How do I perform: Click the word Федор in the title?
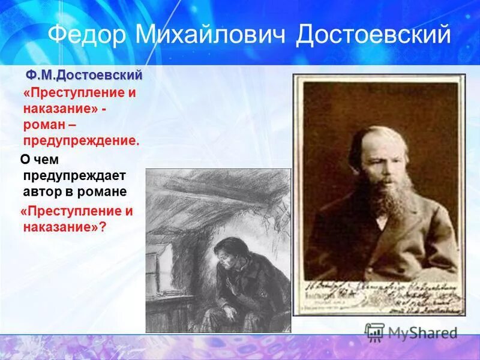87,35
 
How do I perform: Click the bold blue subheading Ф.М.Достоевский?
83,76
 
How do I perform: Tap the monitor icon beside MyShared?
374,332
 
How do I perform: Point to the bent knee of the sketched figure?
234,312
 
